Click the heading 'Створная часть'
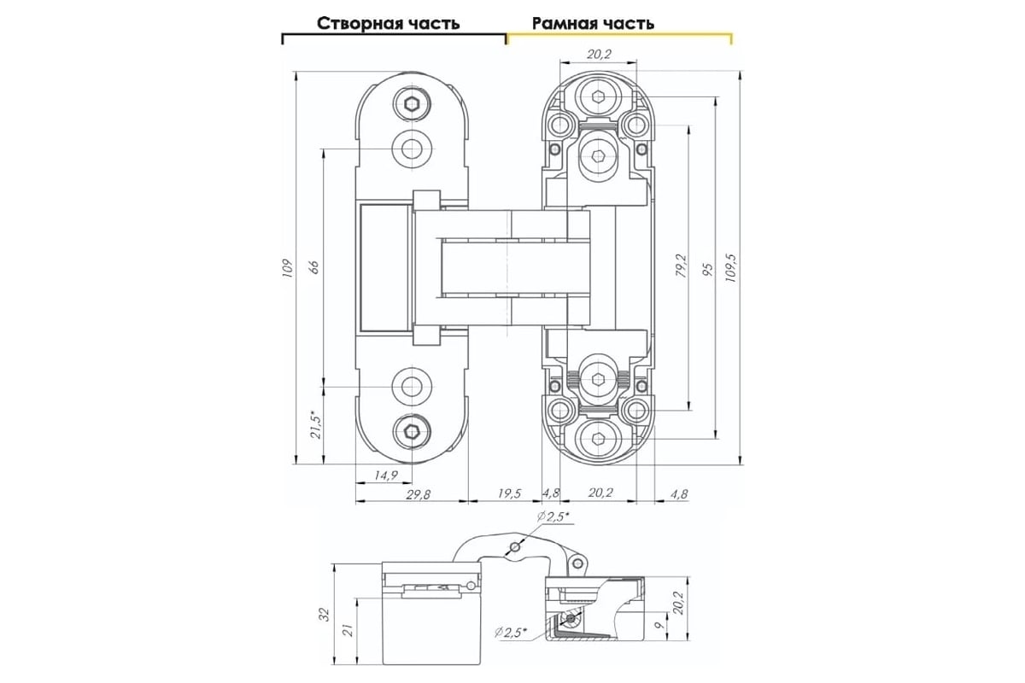coord(388,23)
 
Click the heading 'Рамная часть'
coord(593,23)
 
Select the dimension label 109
coord(287,268)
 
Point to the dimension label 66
coord(314,266)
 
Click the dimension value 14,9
coord(386,476)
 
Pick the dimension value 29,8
coord(418,494)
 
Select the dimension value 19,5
coord(509,493)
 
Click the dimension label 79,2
coord(682,266)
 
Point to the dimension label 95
coord(708,270)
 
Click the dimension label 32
coord(324,615)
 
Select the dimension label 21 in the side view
coord(348,631)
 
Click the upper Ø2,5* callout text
coord(553,517)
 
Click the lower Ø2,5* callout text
coord(511,633)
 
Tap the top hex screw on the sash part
coord(412,103)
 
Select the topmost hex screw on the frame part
coord(598,96)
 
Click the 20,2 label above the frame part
coord(599,55)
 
